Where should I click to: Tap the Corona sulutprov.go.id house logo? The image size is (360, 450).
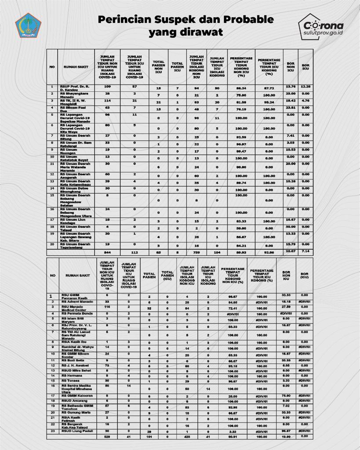pos(320,26)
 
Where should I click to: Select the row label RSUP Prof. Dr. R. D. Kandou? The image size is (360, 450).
pos(75,88)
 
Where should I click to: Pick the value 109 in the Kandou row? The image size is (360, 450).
pos(107,87)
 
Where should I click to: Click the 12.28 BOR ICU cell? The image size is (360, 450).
pos(305,87)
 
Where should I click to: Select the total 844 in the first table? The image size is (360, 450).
pos(107,253)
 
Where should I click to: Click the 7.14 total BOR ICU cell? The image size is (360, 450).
pos(305,251)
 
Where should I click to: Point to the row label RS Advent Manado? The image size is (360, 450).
pos(75,302)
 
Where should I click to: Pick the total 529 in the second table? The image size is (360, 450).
pos(107,437)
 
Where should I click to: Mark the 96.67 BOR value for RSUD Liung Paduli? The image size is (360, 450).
pos(286,430)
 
